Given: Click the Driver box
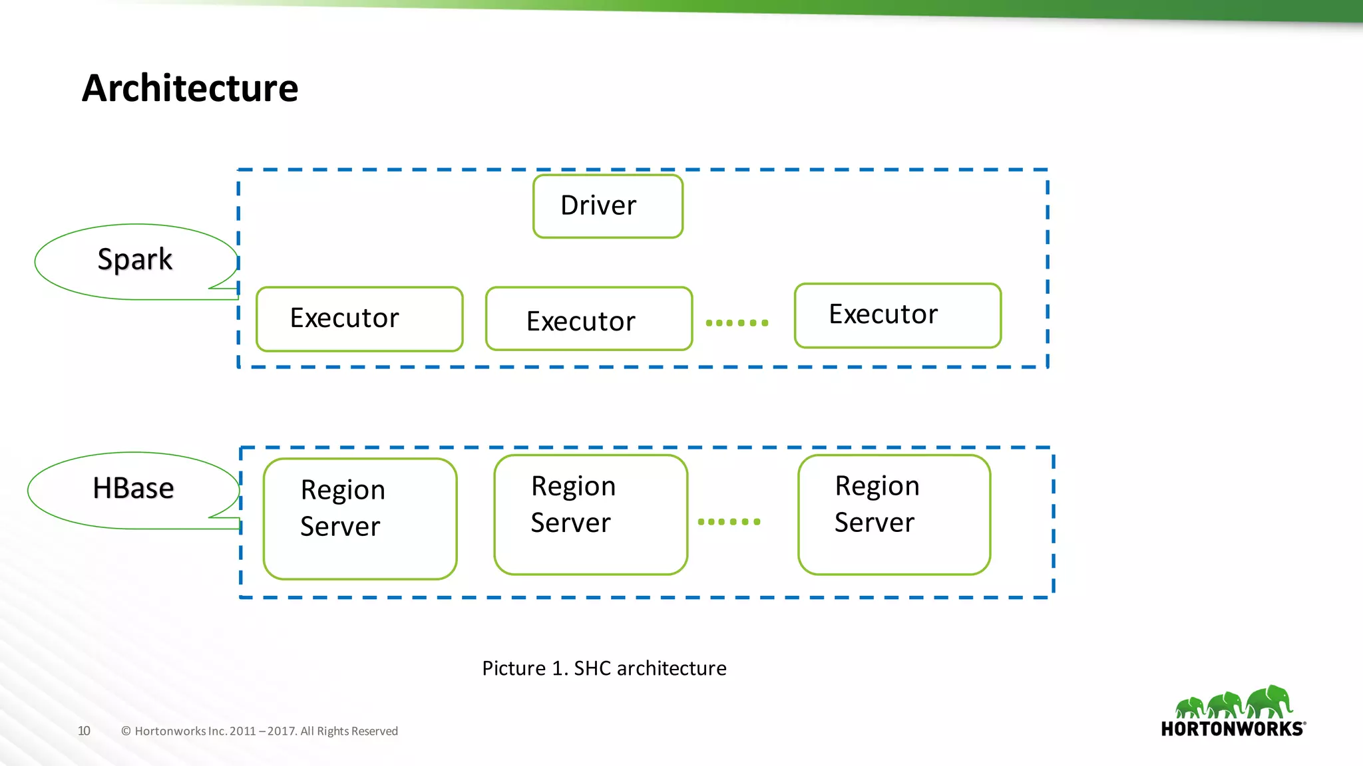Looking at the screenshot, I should [608, 206].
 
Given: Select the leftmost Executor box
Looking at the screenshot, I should [359, 319].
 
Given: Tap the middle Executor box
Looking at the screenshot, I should [589, 319].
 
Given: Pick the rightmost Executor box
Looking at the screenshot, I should [898, 316].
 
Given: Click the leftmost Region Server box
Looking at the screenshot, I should [360, 519].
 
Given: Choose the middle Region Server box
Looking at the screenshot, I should [591, 515].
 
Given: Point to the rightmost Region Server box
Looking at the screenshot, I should [894, 515].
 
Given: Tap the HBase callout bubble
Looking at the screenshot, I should [133, 489].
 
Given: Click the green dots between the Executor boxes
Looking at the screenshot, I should [737, 323].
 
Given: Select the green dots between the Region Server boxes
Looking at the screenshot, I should [729, 522].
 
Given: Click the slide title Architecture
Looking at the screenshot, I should [190, 88].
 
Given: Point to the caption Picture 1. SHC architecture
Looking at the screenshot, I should [604, 668].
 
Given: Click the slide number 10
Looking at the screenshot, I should [84, 731].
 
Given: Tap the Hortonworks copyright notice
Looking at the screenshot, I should [260, 731].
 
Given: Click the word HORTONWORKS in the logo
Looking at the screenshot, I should [1232, 729].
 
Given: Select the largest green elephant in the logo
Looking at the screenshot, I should [1270, 702].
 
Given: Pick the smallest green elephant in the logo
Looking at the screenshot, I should [1189, 707].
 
